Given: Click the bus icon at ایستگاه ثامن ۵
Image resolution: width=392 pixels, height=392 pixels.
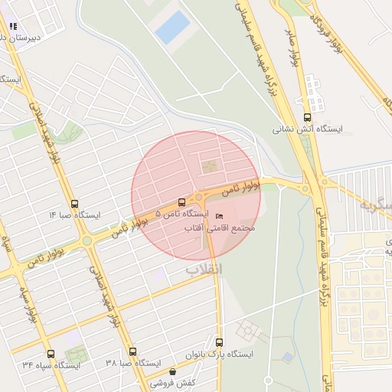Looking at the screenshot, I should (x=181, y=203).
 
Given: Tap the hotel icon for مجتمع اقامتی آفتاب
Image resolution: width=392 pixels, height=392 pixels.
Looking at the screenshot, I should (x=220, y=216).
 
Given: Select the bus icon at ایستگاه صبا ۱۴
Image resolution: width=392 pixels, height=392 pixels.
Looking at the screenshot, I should (x=74, y=204).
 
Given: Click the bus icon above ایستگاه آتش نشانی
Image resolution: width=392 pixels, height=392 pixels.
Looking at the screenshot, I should (x=308, y=117).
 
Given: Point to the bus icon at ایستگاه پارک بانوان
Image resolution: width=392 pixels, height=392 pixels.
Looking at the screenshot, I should (x=220, y=342).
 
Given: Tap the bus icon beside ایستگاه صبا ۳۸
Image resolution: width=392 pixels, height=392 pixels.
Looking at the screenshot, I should (x=133, y=351).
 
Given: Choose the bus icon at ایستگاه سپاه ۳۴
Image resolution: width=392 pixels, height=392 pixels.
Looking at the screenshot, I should (x=51, y=354).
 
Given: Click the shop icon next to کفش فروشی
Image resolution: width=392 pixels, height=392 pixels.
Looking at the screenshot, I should (x=172, y=372).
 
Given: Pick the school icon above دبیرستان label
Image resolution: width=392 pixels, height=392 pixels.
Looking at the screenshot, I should (x=13, y=26).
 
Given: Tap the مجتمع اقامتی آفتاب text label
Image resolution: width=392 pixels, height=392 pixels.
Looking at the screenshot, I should (x=226, y=228).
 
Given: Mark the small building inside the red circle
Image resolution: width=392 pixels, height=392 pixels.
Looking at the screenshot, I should (x=209, y=165).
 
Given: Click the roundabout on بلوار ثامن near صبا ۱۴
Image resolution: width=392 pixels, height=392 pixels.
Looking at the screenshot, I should (x=87, y=240).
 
